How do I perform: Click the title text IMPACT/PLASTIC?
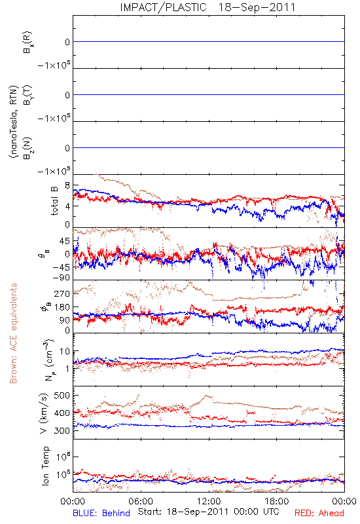pyautogui.click(x=163, y=7)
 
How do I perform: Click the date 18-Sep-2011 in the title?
pyautogui.click(x=257, y=7)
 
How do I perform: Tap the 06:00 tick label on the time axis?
pyautogui.click(x=141, y=501)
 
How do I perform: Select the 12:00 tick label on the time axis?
pyautogui.click(x=209, y=501)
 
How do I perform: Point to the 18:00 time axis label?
pyautogui.click(x=277, y=501)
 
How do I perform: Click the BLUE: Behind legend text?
pyautogui.click(x=101, y=513)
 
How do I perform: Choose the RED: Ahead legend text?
pyautogui.click(x=319, y=513)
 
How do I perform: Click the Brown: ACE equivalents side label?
pyautogui.click(x=13, y=333)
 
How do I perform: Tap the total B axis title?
pyautogui.click(x=54, y=201)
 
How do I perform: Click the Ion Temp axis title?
pyautogui.click(x=45, y=466)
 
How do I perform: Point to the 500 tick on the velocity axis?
pyautogui.click(x=62, y=396)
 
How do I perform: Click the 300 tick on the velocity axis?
pyautogui.click(x=62, y=430)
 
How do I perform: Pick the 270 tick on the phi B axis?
pyautogui.click(x=62, y=293)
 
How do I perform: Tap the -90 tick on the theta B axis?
pyautogui.click(x=61, y=277)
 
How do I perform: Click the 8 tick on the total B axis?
pyautogui.click(x=67, y=185)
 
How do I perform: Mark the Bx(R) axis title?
pyautogui.click(x=28, y=42)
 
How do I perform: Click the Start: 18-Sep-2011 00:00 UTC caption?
pyautogui.click(x=209, y=512)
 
